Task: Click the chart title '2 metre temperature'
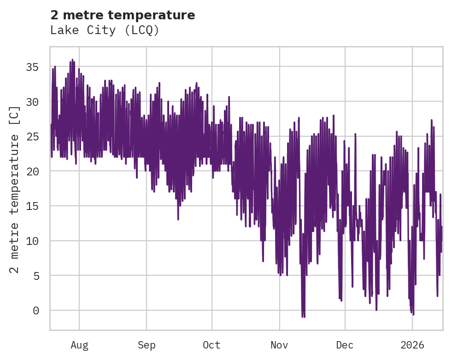pos(123,15)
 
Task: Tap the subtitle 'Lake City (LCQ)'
pos(105,30)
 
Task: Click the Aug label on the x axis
pos(79,345)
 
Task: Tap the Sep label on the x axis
pos(147,345)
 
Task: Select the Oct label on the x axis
pos(212,345)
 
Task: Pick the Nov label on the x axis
pos(279,345)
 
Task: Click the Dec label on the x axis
pos(345,345)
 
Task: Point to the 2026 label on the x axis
pos(412,345)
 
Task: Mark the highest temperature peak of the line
pos(72,60)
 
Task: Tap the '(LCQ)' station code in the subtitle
pos(143,30)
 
